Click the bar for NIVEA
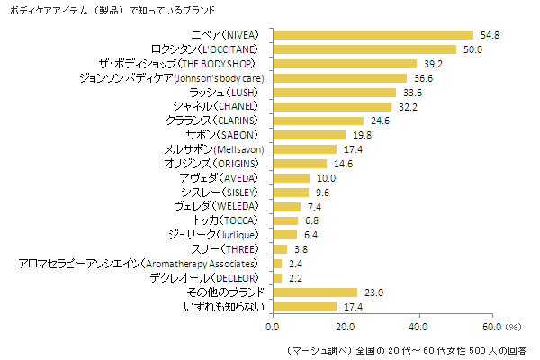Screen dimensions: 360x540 373,35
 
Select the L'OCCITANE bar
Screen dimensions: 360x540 364,49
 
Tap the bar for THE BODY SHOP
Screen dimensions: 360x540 344,64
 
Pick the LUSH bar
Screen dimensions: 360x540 334,93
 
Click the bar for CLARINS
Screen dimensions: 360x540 318,121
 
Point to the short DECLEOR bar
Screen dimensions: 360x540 276,278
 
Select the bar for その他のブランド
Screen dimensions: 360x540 315,292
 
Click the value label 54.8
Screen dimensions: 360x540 489,35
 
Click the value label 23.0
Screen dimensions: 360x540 373,292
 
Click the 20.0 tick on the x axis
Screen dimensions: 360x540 346,328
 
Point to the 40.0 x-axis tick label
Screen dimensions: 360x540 418,328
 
